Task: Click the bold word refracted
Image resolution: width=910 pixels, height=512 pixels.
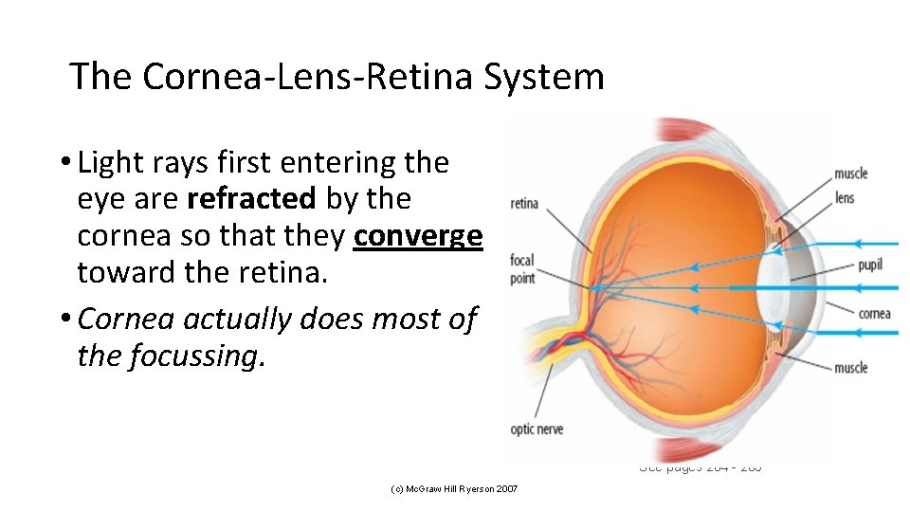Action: pyautogui.click(x=252, y=199)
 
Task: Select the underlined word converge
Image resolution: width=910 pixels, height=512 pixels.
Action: pyautogui.click(x=418, y=235)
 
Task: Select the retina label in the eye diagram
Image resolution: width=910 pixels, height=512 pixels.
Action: pyautogui.click(x=524, y=203)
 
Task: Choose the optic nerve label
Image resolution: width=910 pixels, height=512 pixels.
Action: pyautogui.click(x=537, y=430)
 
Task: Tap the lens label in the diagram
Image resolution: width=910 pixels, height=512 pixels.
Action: pyautogui.click(x=845, y=198)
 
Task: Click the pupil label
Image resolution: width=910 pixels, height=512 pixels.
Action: pyautogui.click(x=870, y=265)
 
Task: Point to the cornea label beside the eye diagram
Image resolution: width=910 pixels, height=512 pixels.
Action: pyautogui.click(x=874, y=313)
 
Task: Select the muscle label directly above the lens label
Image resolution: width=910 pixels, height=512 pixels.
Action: pyautogui.click(x=850, y=174)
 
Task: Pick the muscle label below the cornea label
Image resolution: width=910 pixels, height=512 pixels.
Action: pyautogui.click(x=850, y=368)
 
